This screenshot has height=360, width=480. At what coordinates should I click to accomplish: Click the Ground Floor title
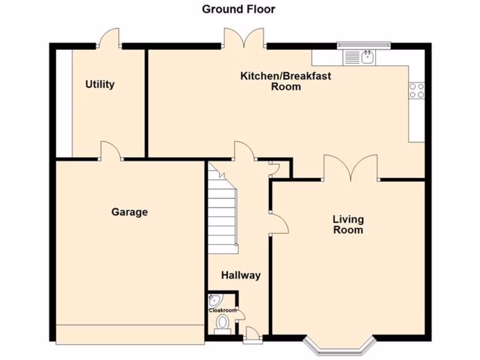[239, 9]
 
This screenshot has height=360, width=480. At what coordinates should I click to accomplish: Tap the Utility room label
[100, 84]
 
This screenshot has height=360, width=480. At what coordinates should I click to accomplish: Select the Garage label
[129, 212]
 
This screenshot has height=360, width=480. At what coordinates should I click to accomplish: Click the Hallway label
[240, 275]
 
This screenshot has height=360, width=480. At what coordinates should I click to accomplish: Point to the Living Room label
[348, 224]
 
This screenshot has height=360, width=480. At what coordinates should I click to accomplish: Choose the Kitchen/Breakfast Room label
[285, 81]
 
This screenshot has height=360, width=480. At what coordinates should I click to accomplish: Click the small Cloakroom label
[223, 310]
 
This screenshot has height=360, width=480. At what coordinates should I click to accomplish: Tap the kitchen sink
[367, 57]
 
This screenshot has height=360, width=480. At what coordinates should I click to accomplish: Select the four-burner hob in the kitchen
[417, 90]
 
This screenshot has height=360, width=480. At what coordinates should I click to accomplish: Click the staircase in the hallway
[222, 209]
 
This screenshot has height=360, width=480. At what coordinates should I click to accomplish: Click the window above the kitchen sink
[363, 45]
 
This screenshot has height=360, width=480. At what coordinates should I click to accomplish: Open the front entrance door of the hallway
[251, 334]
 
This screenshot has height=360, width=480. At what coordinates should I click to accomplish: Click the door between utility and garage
[111, 151]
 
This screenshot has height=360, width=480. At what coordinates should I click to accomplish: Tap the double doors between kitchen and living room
[351, 169]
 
